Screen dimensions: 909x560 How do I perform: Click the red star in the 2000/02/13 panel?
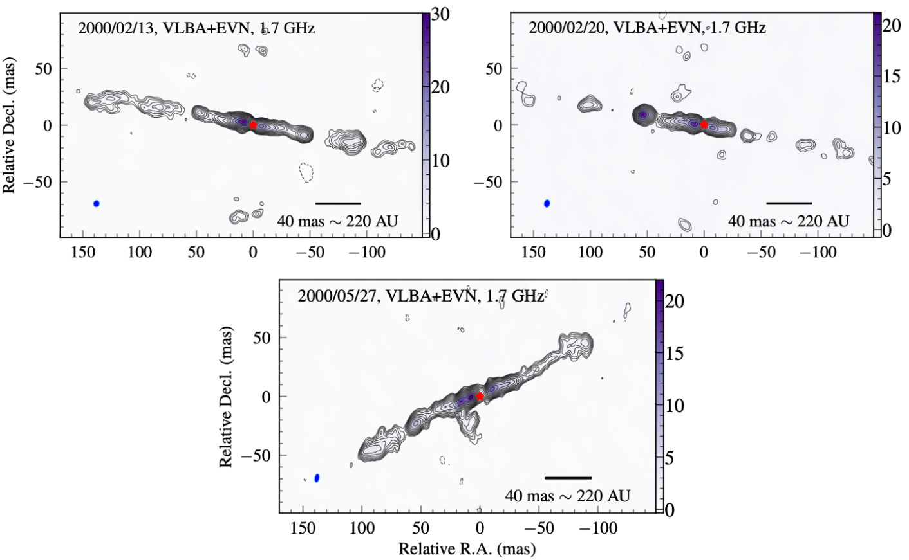point(253,125)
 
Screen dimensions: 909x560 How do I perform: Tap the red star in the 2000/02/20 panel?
point(704,125)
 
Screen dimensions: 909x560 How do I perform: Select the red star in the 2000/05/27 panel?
point(480,396)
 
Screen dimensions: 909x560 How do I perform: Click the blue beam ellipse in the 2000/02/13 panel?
point(96,203)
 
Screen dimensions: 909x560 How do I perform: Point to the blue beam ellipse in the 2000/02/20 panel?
point(547,203)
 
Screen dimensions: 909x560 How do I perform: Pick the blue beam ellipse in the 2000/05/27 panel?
point(317,478)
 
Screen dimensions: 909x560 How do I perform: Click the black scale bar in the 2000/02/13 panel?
point(338,203)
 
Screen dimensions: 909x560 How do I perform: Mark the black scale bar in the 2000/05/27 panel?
point(568,478)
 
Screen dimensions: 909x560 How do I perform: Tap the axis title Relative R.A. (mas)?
point(467,548)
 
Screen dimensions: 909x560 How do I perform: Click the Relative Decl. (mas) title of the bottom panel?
point(225,397)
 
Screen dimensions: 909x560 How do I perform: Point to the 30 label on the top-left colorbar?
point(440,15)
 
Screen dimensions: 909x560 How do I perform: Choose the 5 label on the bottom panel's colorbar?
point(670,458)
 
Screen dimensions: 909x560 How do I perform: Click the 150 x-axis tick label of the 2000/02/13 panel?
point(83,252)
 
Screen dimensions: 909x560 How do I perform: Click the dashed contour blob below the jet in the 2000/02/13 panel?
point(306,172)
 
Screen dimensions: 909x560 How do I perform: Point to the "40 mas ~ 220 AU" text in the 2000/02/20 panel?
point(789,221)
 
